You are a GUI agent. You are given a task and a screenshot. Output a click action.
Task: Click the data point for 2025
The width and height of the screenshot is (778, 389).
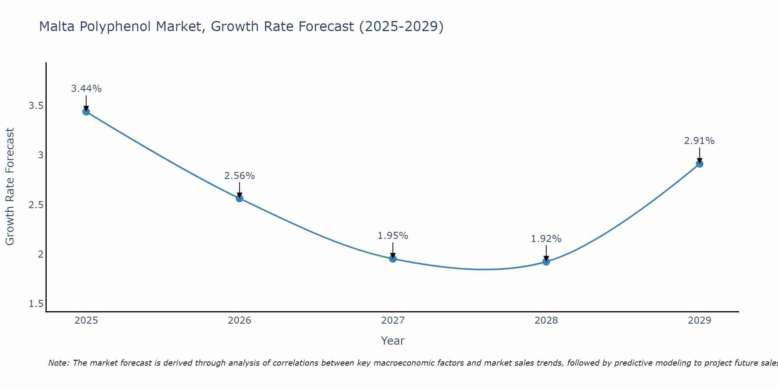coord(86,112)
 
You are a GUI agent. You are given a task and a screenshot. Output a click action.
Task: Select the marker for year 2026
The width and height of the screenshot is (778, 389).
coord(240,198)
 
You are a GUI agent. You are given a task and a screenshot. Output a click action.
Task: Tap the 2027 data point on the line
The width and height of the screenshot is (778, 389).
coord(393,259)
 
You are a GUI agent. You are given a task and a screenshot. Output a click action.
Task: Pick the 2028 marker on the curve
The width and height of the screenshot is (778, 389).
coord(546,262)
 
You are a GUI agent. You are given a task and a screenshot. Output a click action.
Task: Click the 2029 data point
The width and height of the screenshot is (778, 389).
coord(699,164)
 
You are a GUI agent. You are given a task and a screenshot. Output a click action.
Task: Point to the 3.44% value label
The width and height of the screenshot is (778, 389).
coord(86,89)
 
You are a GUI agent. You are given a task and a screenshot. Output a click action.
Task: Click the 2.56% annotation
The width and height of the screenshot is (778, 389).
coord(240,176)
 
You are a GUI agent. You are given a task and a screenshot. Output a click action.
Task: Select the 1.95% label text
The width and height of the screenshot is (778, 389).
coord(393,236)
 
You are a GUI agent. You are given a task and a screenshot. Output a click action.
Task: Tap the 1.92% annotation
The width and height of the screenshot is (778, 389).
coord(546,239)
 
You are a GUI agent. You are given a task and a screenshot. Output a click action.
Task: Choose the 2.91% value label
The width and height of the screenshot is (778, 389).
coord(699,141)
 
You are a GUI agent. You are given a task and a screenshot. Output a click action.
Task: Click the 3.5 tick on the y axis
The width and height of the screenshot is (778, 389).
coord(36,106)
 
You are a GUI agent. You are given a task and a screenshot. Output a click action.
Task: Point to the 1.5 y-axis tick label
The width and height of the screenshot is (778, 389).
coord(36,304)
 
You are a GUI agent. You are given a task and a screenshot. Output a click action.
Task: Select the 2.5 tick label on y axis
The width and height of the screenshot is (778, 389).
coord(36,205)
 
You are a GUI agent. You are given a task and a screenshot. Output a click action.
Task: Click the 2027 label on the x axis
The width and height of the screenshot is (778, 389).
coord(393,321)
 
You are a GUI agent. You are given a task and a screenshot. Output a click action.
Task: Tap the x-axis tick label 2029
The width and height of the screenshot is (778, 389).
coord(699,321)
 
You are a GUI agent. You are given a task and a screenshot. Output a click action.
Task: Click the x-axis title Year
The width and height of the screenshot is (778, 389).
coord(393,341)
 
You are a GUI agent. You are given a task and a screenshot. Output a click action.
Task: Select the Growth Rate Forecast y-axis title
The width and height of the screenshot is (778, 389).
coord(10,187)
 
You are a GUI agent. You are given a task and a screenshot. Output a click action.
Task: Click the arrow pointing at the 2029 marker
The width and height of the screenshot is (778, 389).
coord(699,156)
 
